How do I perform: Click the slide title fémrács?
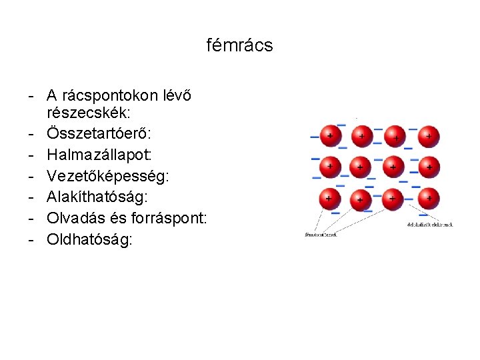[240, 45]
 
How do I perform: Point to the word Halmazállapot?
[99, 154]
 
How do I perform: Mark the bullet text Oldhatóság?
[89, 239]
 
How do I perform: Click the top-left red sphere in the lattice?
[328, 135]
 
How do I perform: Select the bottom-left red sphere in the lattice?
[328, 198]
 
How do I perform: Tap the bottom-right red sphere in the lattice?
[428, 198]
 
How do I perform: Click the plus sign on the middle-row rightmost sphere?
[429, 166]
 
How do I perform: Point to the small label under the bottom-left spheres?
[321, 234]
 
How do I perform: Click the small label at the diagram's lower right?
[429, 225]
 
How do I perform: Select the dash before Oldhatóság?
[31, 239]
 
